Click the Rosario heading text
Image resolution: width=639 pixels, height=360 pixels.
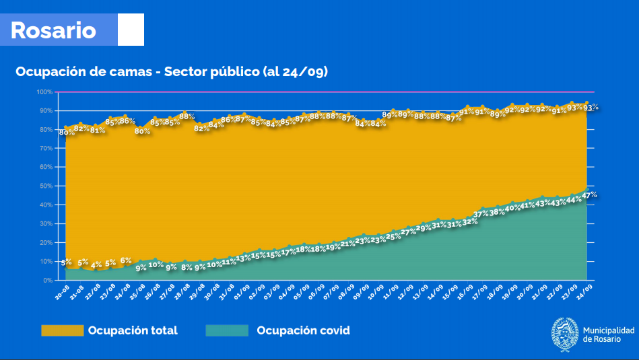(53, 30)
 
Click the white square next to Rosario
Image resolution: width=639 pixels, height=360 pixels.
(131, 30)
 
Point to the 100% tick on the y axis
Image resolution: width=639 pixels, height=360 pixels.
(44, 92)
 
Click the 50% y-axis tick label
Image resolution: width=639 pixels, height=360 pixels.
(46, 186)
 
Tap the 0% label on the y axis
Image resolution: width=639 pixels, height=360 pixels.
(48, 280)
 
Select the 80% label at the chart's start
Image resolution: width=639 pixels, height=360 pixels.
(67, 133)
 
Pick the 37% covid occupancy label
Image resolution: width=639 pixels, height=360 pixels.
(481, 214)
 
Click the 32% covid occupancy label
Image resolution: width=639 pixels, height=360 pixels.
(470, 221)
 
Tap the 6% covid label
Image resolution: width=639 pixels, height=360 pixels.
(126, 260)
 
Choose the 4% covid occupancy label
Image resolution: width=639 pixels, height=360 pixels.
(96, 264)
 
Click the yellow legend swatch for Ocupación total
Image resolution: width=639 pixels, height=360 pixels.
(62, 330)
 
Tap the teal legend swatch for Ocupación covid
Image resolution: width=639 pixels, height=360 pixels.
(228, 330)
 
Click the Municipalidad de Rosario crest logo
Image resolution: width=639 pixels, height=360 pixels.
(564, 334)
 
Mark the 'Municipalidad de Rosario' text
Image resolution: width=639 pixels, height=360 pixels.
(608, 334)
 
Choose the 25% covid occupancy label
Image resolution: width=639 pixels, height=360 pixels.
(393, 236)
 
